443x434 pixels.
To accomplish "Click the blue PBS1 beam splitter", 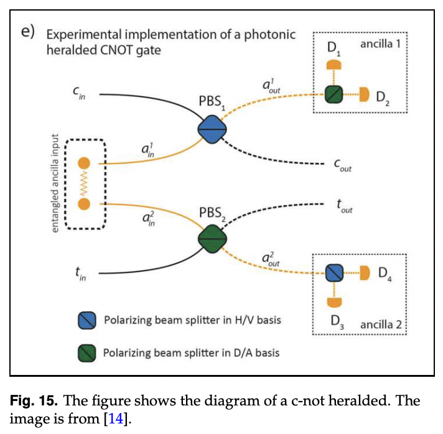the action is click(x=212, y=129).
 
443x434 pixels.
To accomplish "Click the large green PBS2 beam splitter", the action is click(x=212, y=239).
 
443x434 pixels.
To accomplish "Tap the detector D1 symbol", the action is click(x=334, y=65).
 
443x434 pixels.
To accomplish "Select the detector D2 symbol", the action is click(x=365, y=94).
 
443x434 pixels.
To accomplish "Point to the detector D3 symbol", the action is click(x=334, y=302).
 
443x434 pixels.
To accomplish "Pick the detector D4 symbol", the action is click(x=365, y=273).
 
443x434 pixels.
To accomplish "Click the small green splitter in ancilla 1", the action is click(x=333, y=95).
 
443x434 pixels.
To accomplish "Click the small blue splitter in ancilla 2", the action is click(x=334, y=273).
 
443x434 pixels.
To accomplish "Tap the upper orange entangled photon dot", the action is click(x=84, y=163).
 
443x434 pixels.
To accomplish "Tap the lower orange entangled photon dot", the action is click(x=84, y=204).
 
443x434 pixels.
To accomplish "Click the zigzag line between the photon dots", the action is click(x=84, y=183).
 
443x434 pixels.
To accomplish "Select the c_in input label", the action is click(x=79, y=93).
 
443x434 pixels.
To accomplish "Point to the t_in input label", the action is click(x=80, y=274).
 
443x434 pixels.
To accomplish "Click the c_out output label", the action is click(x=342, y=165).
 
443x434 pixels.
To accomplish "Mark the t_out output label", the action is click(x=345, y=206).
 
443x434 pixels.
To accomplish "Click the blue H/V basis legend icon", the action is click(x=87, y=320).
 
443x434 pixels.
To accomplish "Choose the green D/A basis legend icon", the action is click(x=87, y=353).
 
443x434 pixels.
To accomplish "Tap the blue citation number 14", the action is click(x=116, y=418).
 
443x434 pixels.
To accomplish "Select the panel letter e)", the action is click(x=27, y=31).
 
